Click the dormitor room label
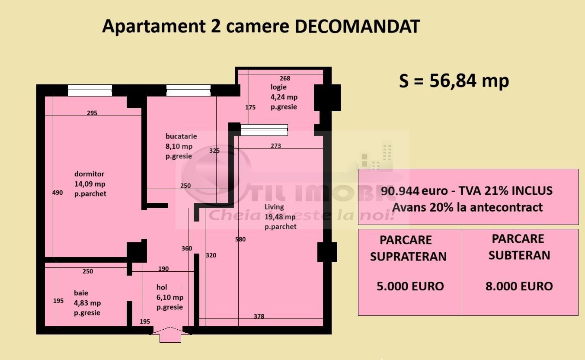click(89, 174)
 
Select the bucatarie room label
click(181, 136)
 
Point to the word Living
click(274, 207)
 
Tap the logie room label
click(278, 87)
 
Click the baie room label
click(81, 293)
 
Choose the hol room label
click(162, 287)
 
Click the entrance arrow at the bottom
click(171, 334)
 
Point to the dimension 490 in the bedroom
click(58, 193)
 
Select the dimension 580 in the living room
click(240, 239)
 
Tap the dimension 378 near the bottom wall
click(259, 316)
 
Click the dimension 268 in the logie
click(285, 78)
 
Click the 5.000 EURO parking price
click(410, 286)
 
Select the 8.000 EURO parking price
click(519, 286)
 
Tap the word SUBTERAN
click(519, 255)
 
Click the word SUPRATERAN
click(408, 257)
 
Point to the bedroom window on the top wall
click(90, 90)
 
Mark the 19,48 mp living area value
click(280, 217)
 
